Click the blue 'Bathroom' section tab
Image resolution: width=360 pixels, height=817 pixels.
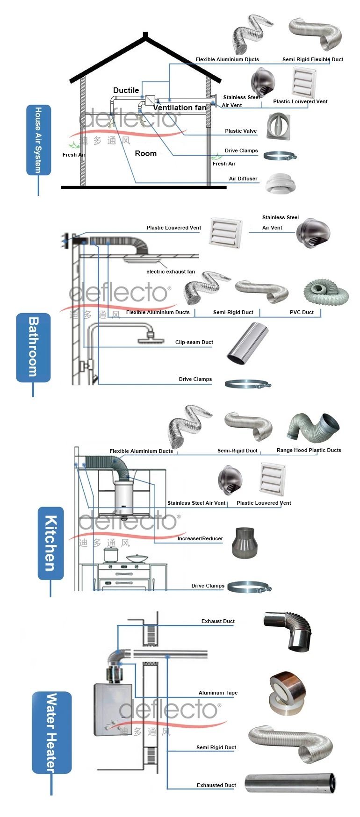click(33, 347)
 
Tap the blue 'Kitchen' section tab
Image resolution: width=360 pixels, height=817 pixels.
click(50, 543)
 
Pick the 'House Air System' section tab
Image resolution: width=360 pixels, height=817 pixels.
click(38, 140)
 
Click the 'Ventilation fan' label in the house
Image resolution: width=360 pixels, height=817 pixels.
click(180, 108)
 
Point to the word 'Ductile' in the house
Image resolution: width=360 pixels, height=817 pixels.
click(126, 90)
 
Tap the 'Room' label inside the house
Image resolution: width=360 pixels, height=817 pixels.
click(145, 153)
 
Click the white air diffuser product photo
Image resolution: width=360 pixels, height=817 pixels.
click(281, 183)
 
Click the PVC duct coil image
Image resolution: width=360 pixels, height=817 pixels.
click(326, 293)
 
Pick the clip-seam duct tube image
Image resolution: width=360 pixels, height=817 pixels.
click(248, 343)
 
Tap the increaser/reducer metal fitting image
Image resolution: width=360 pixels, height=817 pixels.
click(245, 543)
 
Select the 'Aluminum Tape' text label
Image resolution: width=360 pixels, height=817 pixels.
click(218, 693)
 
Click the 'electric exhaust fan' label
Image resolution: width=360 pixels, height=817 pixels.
click(171, 272)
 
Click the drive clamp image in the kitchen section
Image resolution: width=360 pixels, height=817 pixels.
click(249, 587)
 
